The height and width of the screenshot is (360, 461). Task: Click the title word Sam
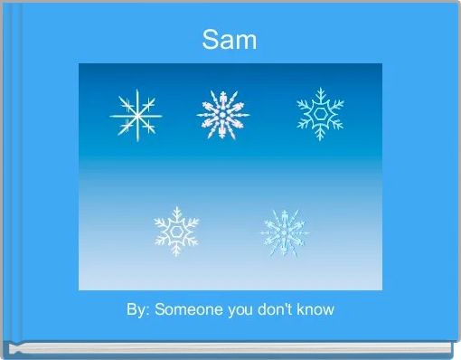[230, 40]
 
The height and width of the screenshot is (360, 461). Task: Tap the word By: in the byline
[138, 309]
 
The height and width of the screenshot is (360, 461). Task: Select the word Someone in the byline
[186, 309]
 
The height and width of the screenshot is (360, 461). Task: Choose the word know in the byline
[315, 309]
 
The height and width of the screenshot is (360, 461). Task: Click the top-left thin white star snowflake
[136, 117]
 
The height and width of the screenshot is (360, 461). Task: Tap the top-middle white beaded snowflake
[222, 114]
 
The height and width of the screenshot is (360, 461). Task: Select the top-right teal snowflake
[320, 113]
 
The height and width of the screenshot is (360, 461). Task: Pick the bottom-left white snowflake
[175, 231]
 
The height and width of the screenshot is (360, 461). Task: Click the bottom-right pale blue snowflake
[284, 231]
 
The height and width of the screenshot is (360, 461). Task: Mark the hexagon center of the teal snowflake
[320, 113]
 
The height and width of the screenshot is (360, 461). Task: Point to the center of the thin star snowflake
[136, 117]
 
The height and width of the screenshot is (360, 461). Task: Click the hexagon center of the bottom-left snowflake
[175, 231]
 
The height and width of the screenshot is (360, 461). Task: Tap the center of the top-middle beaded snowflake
[222, 114]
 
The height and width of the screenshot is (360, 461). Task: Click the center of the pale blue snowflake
[284, 231]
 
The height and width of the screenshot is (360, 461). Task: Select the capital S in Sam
[211, 40]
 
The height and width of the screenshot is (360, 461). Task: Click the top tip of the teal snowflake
[320, 89]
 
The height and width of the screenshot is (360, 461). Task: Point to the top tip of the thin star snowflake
[136, 90]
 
